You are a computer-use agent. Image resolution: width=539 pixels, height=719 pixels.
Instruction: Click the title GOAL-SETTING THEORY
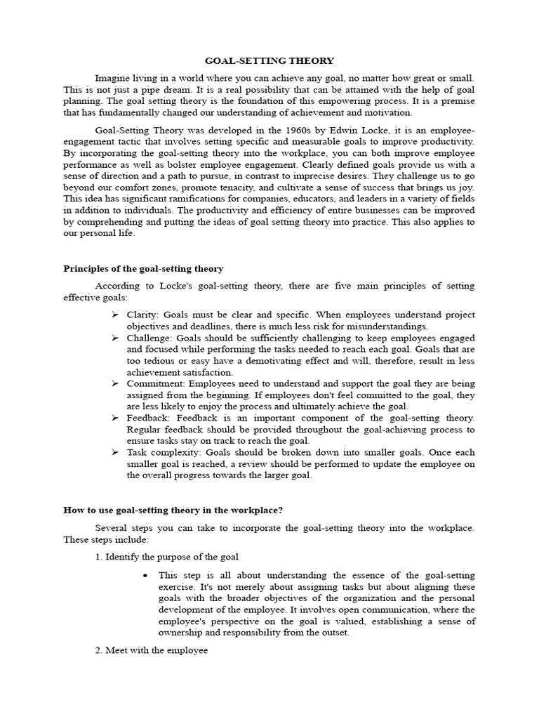pyautogui.click(x=269, y=61)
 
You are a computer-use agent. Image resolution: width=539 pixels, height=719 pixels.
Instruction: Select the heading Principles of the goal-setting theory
pyautogui.click(x=143, y=268)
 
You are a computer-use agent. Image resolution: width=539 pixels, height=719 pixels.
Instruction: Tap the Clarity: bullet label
pyautogui.click(x=144, y=315)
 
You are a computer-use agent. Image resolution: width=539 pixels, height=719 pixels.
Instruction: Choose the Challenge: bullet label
pyautogui.click(x=149, y=338)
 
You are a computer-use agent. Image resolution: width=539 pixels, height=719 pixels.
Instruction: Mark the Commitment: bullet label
pyautogui.click(x=154, y=383)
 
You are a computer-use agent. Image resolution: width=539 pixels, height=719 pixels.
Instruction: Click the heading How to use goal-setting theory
pyautogui.click(x=173, y=510)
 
